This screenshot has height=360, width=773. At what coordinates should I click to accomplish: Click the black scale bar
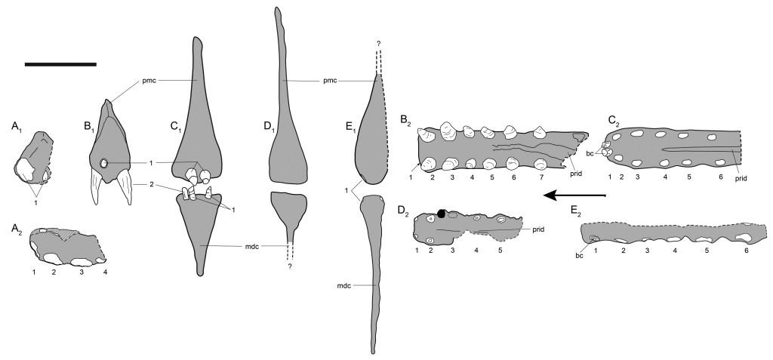[x=60, y=64]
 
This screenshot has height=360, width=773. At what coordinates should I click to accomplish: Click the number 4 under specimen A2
[x=105, y=270]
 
